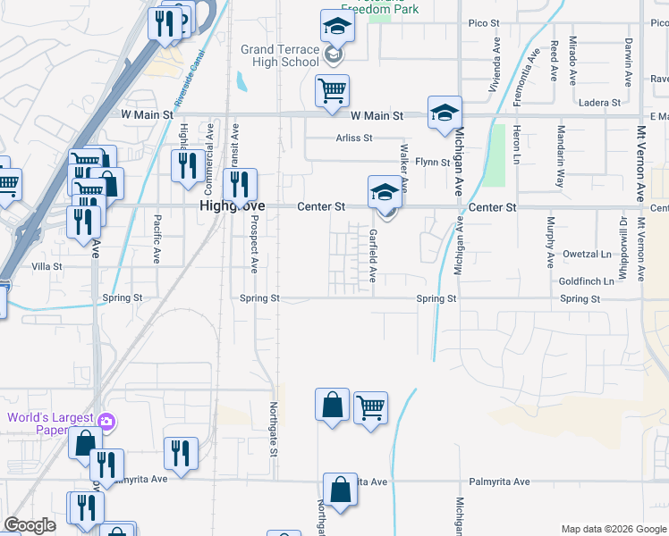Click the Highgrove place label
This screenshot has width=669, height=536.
click(x=229, y=206)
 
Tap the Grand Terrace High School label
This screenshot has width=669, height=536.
click(x=280, y=55)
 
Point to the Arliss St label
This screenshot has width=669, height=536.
click(x=354, y=138)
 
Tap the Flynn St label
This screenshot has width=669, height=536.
click(x=432, y=162)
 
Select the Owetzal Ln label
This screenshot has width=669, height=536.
click(x=586, y=254)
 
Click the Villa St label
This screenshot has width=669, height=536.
click(x=47, y=266)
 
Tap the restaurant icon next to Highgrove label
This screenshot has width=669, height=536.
click(x=239, y=184)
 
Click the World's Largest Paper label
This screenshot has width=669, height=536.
click(x=50, y=424)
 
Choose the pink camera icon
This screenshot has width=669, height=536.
click(x=106, y=421)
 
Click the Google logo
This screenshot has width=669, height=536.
click(x=30, y=525)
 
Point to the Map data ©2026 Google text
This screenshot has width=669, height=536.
click(x=614, y=529)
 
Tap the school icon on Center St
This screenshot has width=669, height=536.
click(x=384, y=191)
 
